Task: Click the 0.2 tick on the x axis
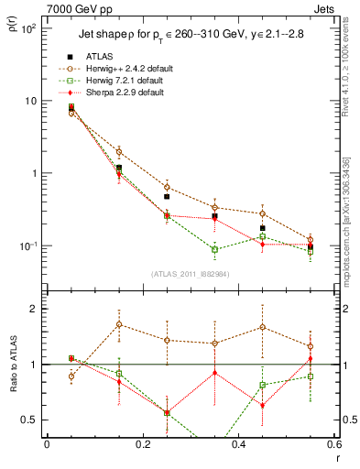pos(142,444)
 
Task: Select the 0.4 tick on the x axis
pos(238,444)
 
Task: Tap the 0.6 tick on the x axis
pos(332,444)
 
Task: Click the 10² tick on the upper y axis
pos(29,28)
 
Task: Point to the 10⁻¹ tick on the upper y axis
pos(29,245)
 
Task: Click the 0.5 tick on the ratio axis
pos(32,420)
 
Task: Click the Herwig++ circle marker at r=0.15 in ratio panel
pos(119,324)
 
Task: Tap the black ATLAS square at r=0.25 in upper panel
pos(167,196)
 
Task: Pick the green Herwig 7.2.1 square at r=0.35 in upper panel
pos(214,249)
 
